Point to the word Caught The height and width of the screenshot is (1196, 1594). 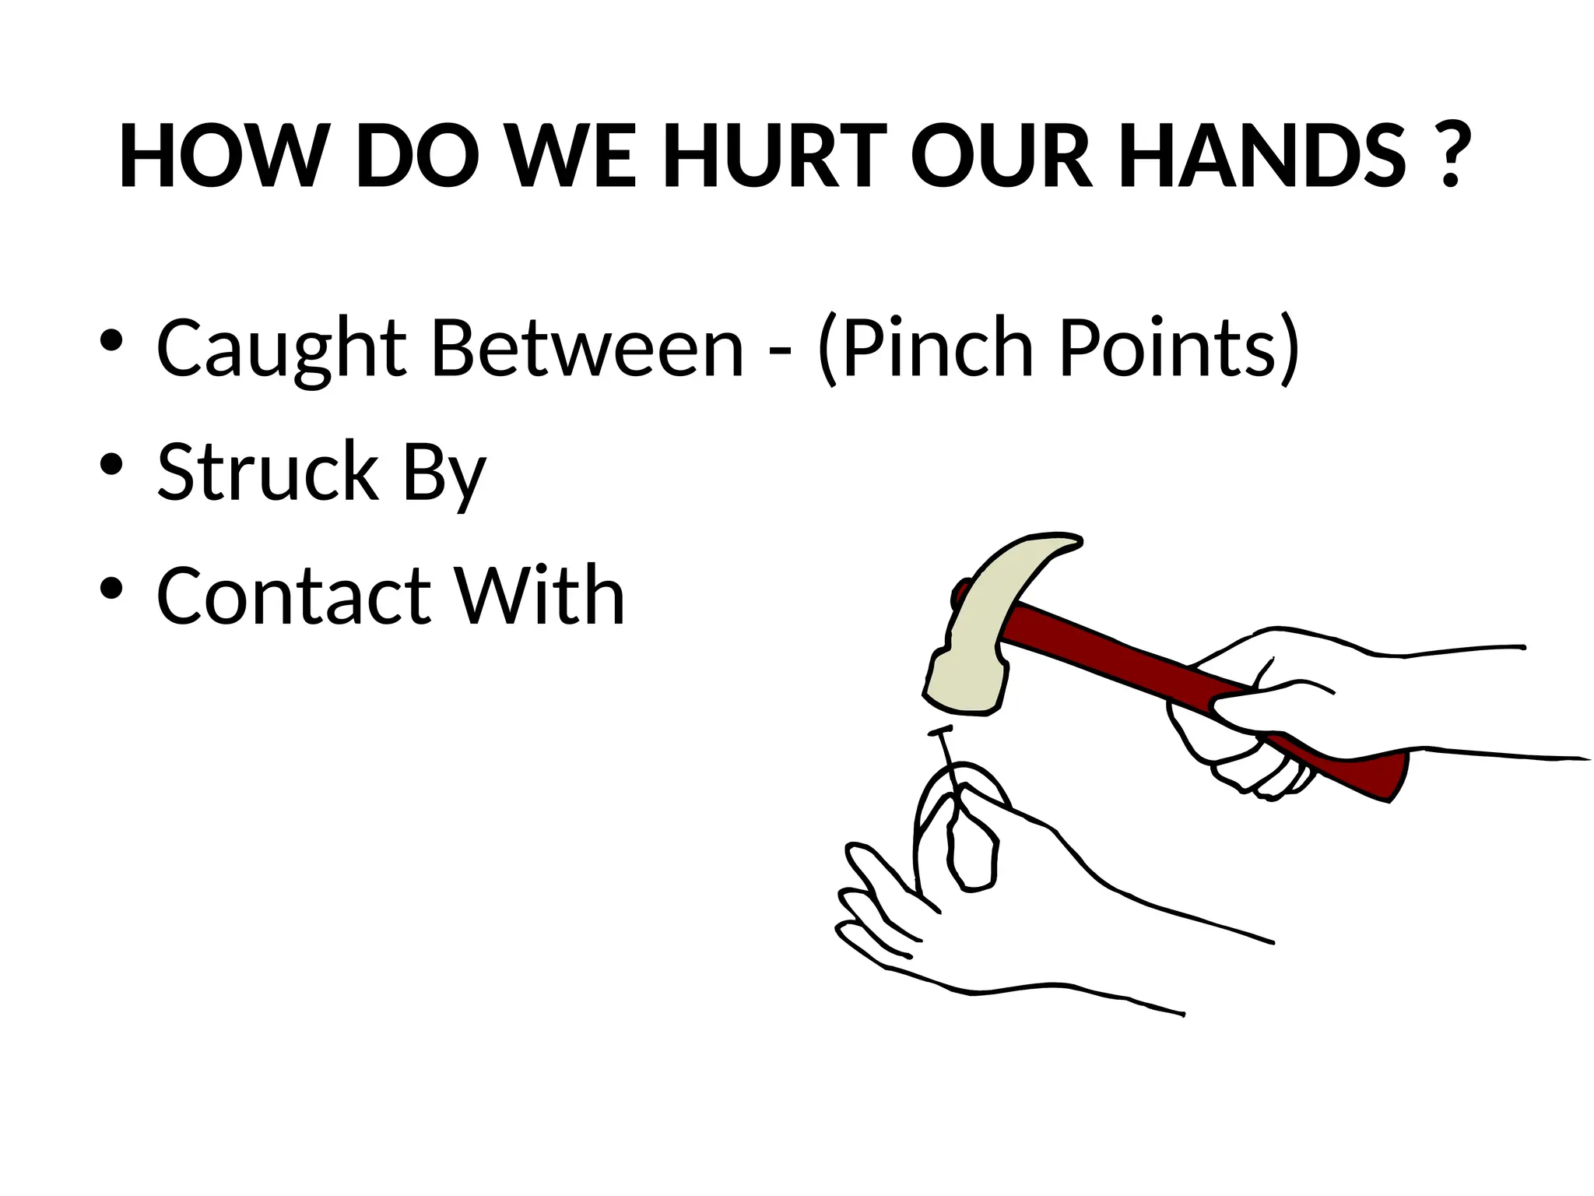[x=281, y=348]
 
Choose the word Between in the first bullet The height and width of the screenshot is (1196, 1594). [x=588, y=348]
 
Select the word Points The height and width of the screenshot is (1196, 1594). [x=1167, y=348]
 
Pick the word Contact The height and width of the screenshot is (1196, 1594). [x=294, y=596]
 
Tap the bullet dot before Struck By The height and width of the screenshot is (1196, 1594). [x=112, y=464]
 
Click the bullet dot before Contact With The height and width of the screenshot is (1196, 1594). [x=112, y=589]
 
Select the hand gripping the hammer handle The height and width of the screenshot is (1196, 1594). [x=1261, y=716]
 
